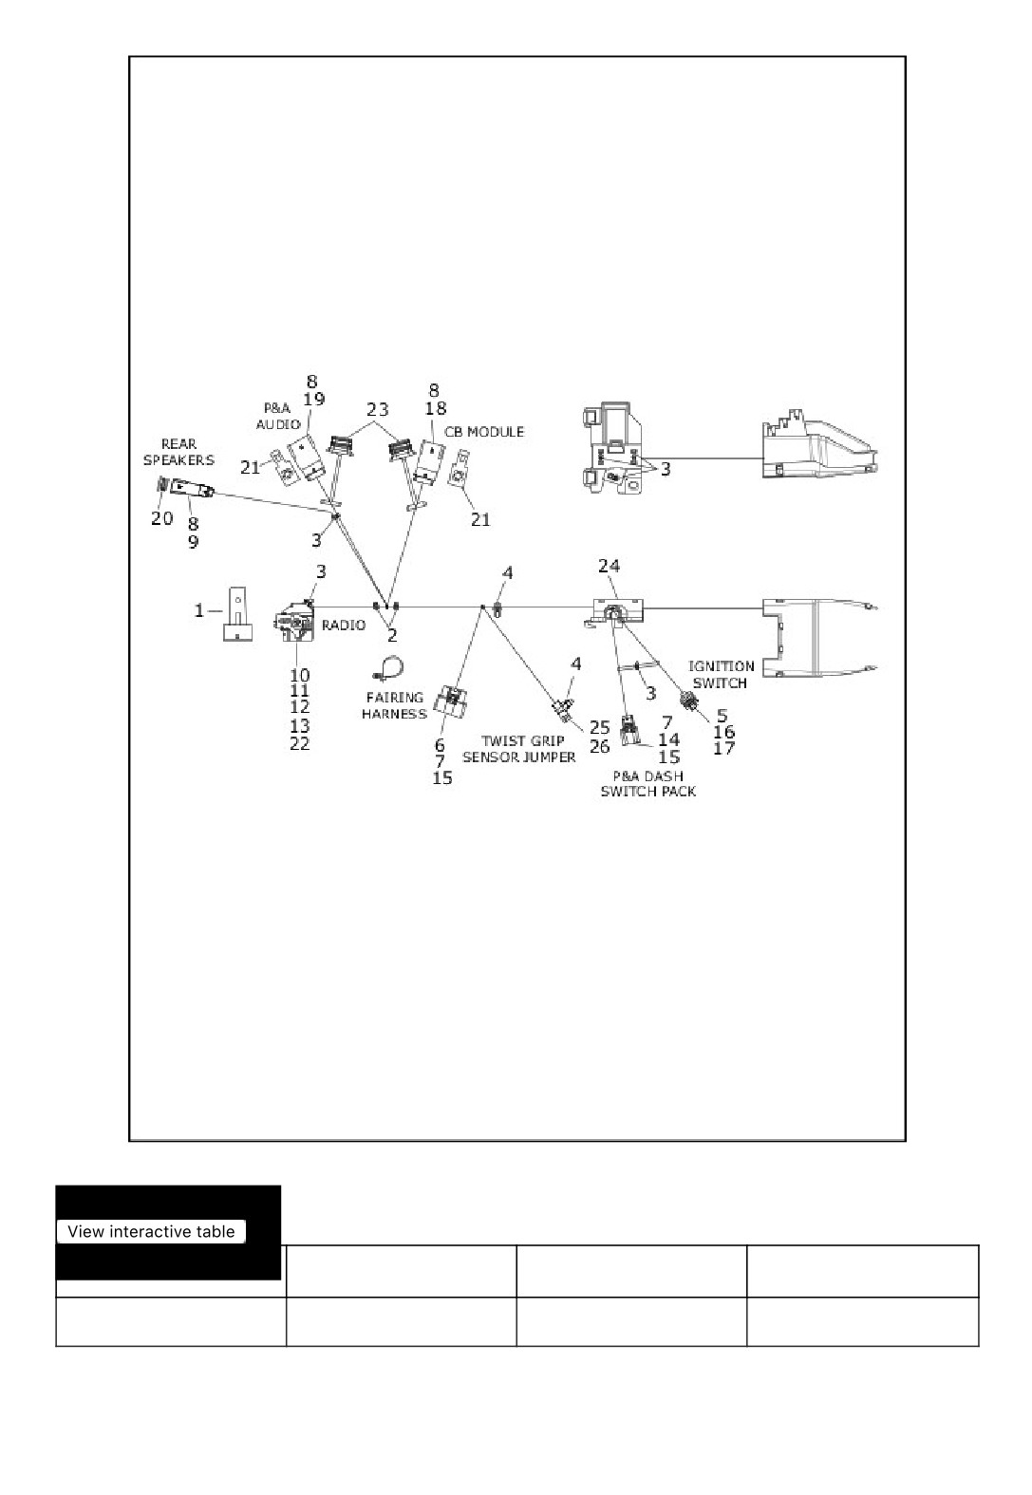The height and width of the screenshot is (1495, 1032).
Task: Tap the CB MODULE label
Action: click(x=484, y=432)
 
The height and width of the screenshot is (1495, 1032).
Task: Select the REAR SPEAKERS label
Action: click(x=178, y=452)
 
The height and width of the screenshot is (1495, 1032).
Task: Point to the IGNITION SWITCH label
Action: click(x=721, y=674)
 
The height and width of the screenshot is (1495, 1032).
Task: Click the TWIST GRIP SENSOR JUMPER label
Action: click(x=519, y=749)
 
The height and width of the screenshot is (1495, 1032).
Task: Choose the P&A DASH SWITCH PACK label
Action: click(x=648, y=783)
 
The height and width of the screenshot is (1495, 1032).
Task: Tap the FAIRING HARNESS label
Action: click(x=394, y=705)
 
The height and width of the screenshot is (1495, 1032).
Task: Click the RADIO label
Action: click(x=344, y=625)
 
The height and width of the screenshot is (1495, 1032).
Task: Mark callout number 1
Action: click(x=199, y=610)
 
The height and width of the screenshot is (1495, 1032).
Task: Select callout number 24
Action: click(x=609, y=566)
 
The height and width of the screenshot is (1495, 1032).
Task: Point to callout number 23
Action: click(x=377, y=408)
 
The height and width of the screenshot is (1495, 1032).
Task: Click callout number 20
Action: click(x=162, y=518)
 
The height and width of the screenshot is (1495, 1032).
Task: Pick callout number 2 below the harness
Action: click(x=392, y=635)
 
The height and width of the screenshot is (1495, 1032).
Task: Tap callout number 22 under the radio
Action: click(x=300, y=743)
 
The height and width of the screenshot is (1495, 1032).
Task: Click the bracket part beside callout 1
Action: click(x=237, y=614)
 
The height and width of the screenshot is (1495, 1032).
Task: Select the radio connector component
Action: click(x=294, y=620)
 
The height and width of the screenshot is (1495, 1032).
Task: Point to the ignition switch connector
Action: click(x=687, y=701)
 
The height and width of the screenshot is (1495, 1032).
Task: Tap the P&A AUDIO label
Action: click(x=277, y=416)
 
